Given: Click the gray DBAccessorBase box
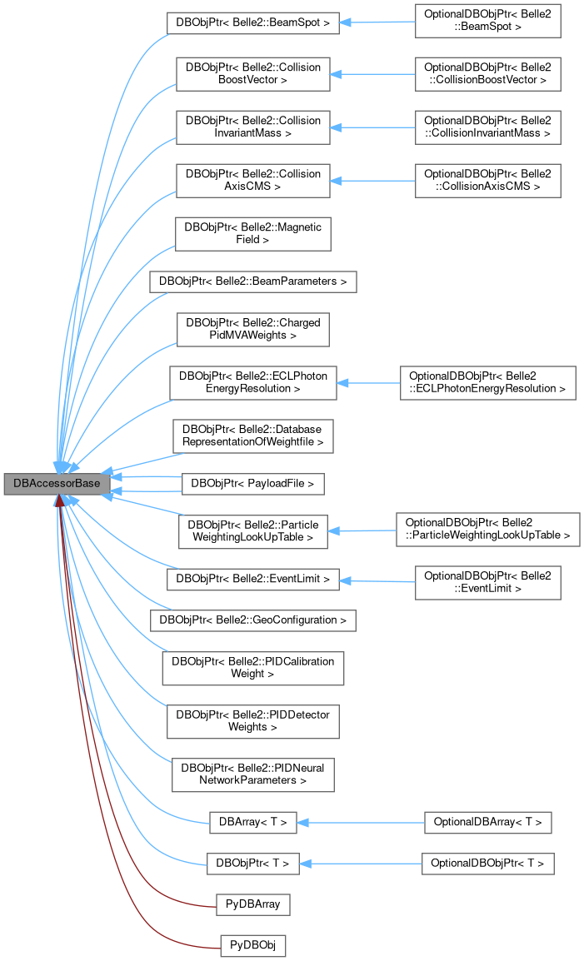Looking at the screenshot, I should [57, 483].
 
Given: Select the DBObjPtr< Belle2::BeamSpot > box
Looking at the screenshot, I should [252, 23].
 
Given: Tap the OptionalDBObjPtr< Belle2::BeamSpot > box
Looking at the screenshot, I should [487, 23].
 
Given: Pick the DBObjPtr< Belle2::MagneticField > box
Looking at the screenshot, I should [252, 232].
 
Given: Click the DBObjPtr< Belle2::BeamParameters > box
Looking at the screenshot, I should [252, 281].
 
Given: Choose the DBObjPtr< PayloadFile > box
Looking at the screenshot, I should [252, 483].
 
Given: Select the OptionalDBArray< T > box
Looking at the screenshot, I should [487, 823].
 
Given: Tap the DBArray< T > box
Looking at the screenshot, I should [252, 823].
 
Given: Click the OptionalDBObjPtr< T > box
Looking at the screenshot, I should [487, 864].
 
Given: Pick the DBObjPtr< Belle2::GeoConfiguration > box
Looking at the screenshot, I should [252, 620].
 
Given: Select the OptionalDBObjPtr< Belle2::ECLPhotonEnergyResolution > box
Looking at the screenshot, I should [487, 383].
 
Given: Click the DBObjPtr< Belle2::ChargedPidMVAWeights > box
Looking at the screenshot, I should [252, 331].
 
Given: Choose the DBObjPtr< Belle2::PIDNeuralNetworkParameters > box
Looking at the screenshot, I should [252, 774].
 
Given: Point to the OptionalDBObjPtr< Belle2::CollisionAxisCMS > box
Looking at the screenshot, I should [487, 181].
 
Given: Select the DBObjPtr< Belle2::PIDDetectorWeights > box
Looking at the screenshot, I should [252, 721].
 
